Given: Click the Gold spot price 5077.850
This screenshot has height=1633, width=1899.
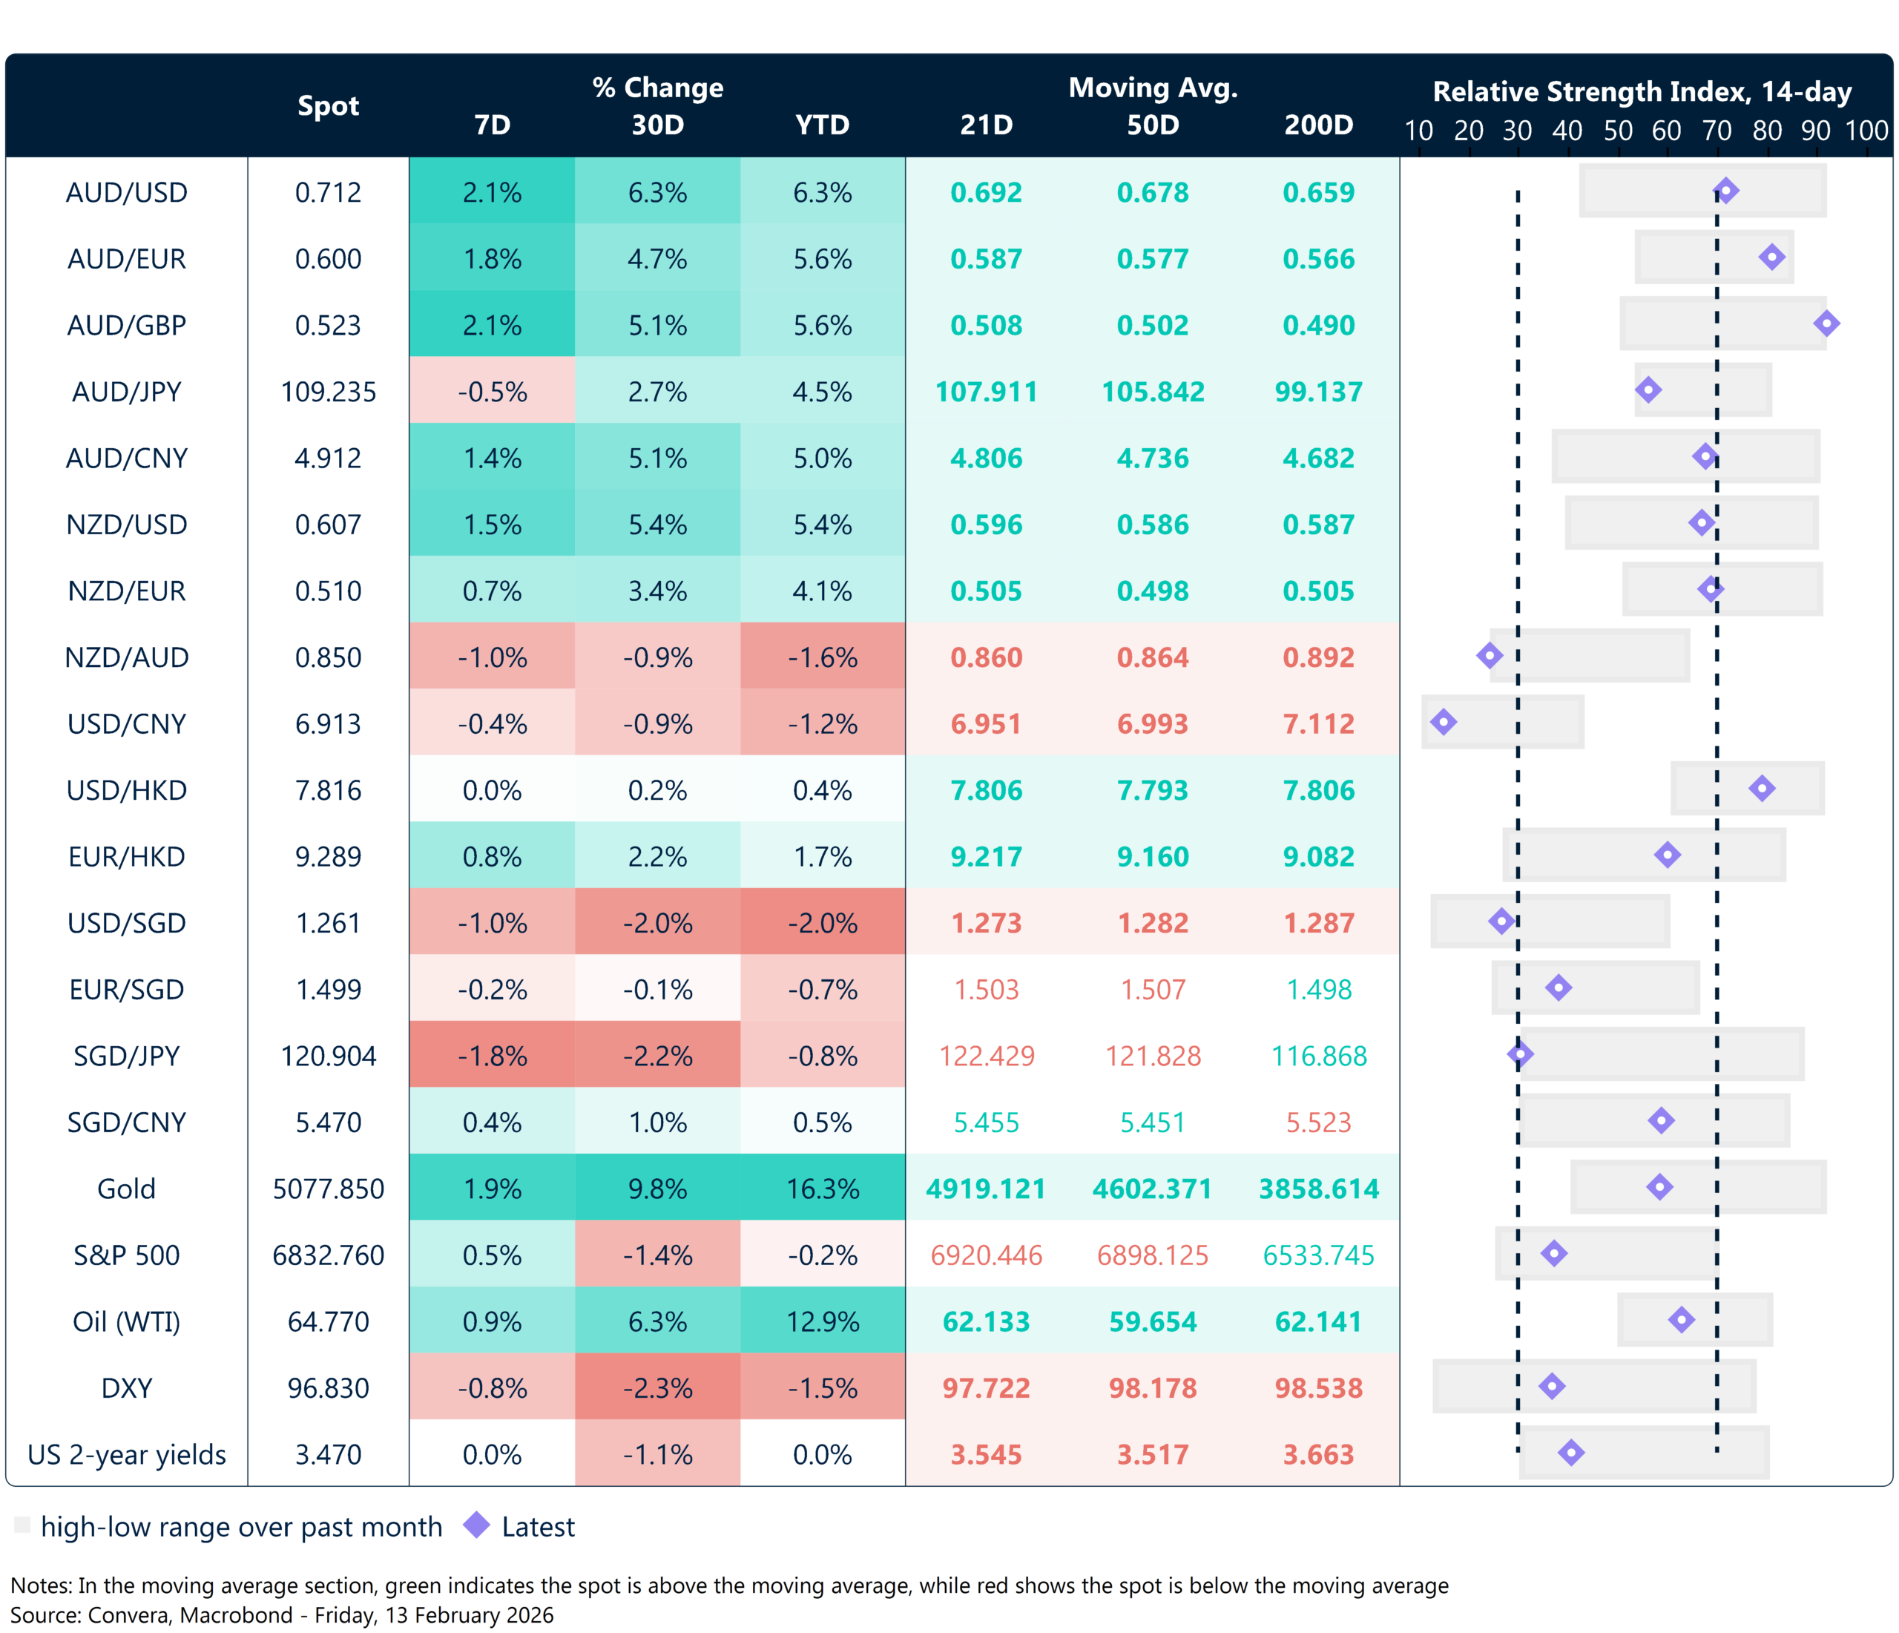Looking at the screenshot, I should pyautogui.click(x=328, y=1189).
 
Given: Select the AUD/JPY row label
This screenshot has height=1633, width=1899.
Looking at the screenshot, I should pyautogui.click(x=127, y=392).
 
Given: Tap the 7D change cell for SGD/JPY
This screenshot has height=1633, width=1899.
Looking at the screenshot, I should pyautogui.click(x=492, y=1057).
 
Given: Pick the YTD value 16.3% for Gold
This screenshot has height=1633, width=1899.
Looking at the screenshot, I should pyautogui.click(x=822, y=1189).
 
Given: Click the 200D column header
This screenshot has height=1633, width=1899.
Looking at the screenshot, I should pyautogui.click(x=1318, y=125).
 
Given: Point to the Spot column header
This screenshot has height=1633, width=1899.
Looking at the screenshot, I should pyautogui.click(x=328, y=106).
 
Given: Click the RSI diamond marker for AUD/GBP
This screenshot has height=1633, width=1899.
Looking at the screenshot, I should pyautogui.click(x=1826, y=323).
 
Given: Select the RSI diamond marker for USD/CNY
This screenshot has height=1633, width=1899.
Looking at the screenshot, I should pyautogui.click(x=1444, y=723).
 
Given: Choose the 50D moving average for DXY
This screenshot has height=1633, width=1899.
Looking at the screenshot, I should pyautogui.click(x=1152, y=1388).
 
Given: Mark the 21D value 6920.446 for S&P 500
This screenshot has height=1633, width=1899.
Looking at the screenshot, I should pyautogui.click(x=986, y=1255).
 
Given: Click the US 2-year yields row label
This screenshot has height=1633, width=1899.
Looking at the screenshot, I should pyautogui.click(x=127, y=1455).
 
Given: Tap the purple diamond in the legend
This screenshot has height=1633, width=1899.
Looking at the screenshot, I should pyautogui.click(x=476, y=1525).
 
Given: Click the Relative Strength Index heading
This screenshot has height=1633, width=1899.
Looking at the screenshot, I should pyautogui.click(x=1642, y=92).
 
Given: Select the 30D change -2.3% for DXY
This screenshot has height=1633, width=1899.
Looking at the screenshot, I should pyautogui.click(x=657, y=1388).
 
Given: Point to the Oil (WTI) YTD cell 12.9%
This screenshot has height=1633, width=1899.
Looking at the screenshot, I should pyautogui.click(x=822, y=1322).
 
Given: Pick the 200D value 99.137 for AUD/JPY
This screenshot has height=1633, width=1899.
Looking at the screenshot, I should pyautogui.click(x=1318, y=392).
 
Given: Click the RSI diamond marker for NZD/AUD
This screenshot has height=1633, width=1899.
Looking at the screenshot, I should pyautogui.click(x=1490, y=656).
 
